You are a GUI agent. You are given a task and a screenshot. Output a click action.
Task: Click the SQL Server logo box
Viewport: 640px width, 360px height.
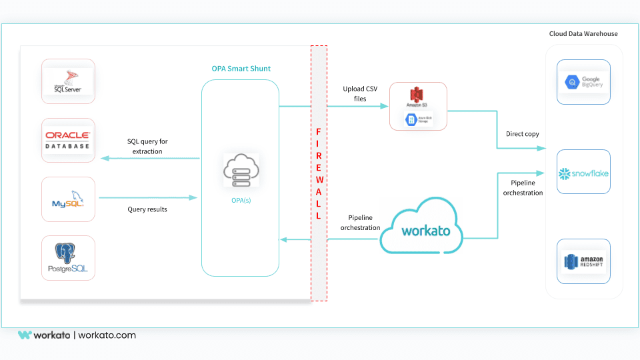pyautogui.click(x=68, y=81)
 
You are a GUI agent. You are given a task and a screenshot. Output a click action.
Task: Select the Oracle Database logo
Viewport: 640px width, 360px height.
pyautogui.click(x=68, y=140)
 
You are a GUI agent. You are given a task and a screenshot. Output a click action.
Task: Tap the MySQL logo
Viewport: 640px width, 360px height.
pyautogui.click(x=68, y=199)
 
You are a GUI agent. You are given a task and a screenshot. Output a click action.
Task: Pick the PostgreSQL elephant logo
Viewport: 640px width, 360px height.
pyautogui.click(x=68, y=257)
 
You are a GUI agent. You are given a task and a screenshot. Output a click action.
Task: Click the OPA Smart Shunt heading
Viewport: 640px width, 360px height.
pyautogui.click(x=241, y=69)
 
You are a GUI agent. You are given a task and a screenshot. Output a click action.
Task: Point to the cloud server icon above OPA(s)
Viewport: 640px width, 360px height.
pyautogui.click(x=241, y=169)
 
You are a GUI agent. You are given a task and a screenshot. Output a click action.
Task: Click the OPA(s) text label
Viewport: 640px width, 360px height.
pyautogui.click(x=241, y=200)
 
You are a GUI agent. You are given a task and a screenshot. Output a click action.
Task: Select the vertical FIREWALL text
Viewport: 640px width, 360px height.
pyautogui.click(x=319, y=173)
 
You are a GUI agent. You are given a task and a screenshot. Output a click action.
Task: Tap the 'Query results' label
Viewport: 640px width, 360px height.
pyautogui.click(x=147, y=209)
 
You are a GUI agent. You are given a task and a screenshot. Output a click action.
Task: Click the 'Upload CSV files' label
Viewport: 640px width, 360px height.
pyautogui.click(x=360, y=93)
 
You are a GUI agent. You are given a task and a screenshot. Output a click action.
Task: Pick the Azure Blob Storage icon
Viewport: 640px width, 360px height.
pyautogui.click(x=418, y=119)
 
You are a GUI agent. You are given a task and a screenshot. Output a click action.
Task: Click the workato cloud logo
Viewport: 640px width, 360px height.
pyautogui.click(x=425, y=231)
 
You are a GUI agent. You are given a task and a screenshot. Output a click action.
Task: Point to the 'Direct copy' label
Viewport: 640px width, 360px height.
pyautogui.click(x=523, y=134)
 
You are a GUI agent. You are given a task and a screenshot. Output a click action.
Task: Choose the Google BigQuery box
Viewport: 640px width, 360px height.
pyautogui.click(x=583, y=82)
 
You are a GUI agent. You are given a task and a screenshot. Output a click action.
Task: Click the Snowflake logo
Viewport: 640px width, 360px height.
pyautogui.click(x=583, y=174)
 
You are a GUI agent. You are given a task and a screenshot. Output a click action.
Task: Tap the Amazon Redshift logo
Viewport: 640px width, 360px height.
pyautogui.click(x=583, y=261)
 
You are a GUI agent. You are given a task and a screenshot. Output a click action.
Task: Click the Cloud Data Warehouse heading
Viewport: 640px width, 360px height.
pyautogui.click(x=583, y=33)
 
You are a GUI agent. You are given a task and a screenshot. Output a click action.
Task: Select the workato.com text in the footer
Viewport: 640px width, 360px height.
pyautogui.click(x=107, y=335)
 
